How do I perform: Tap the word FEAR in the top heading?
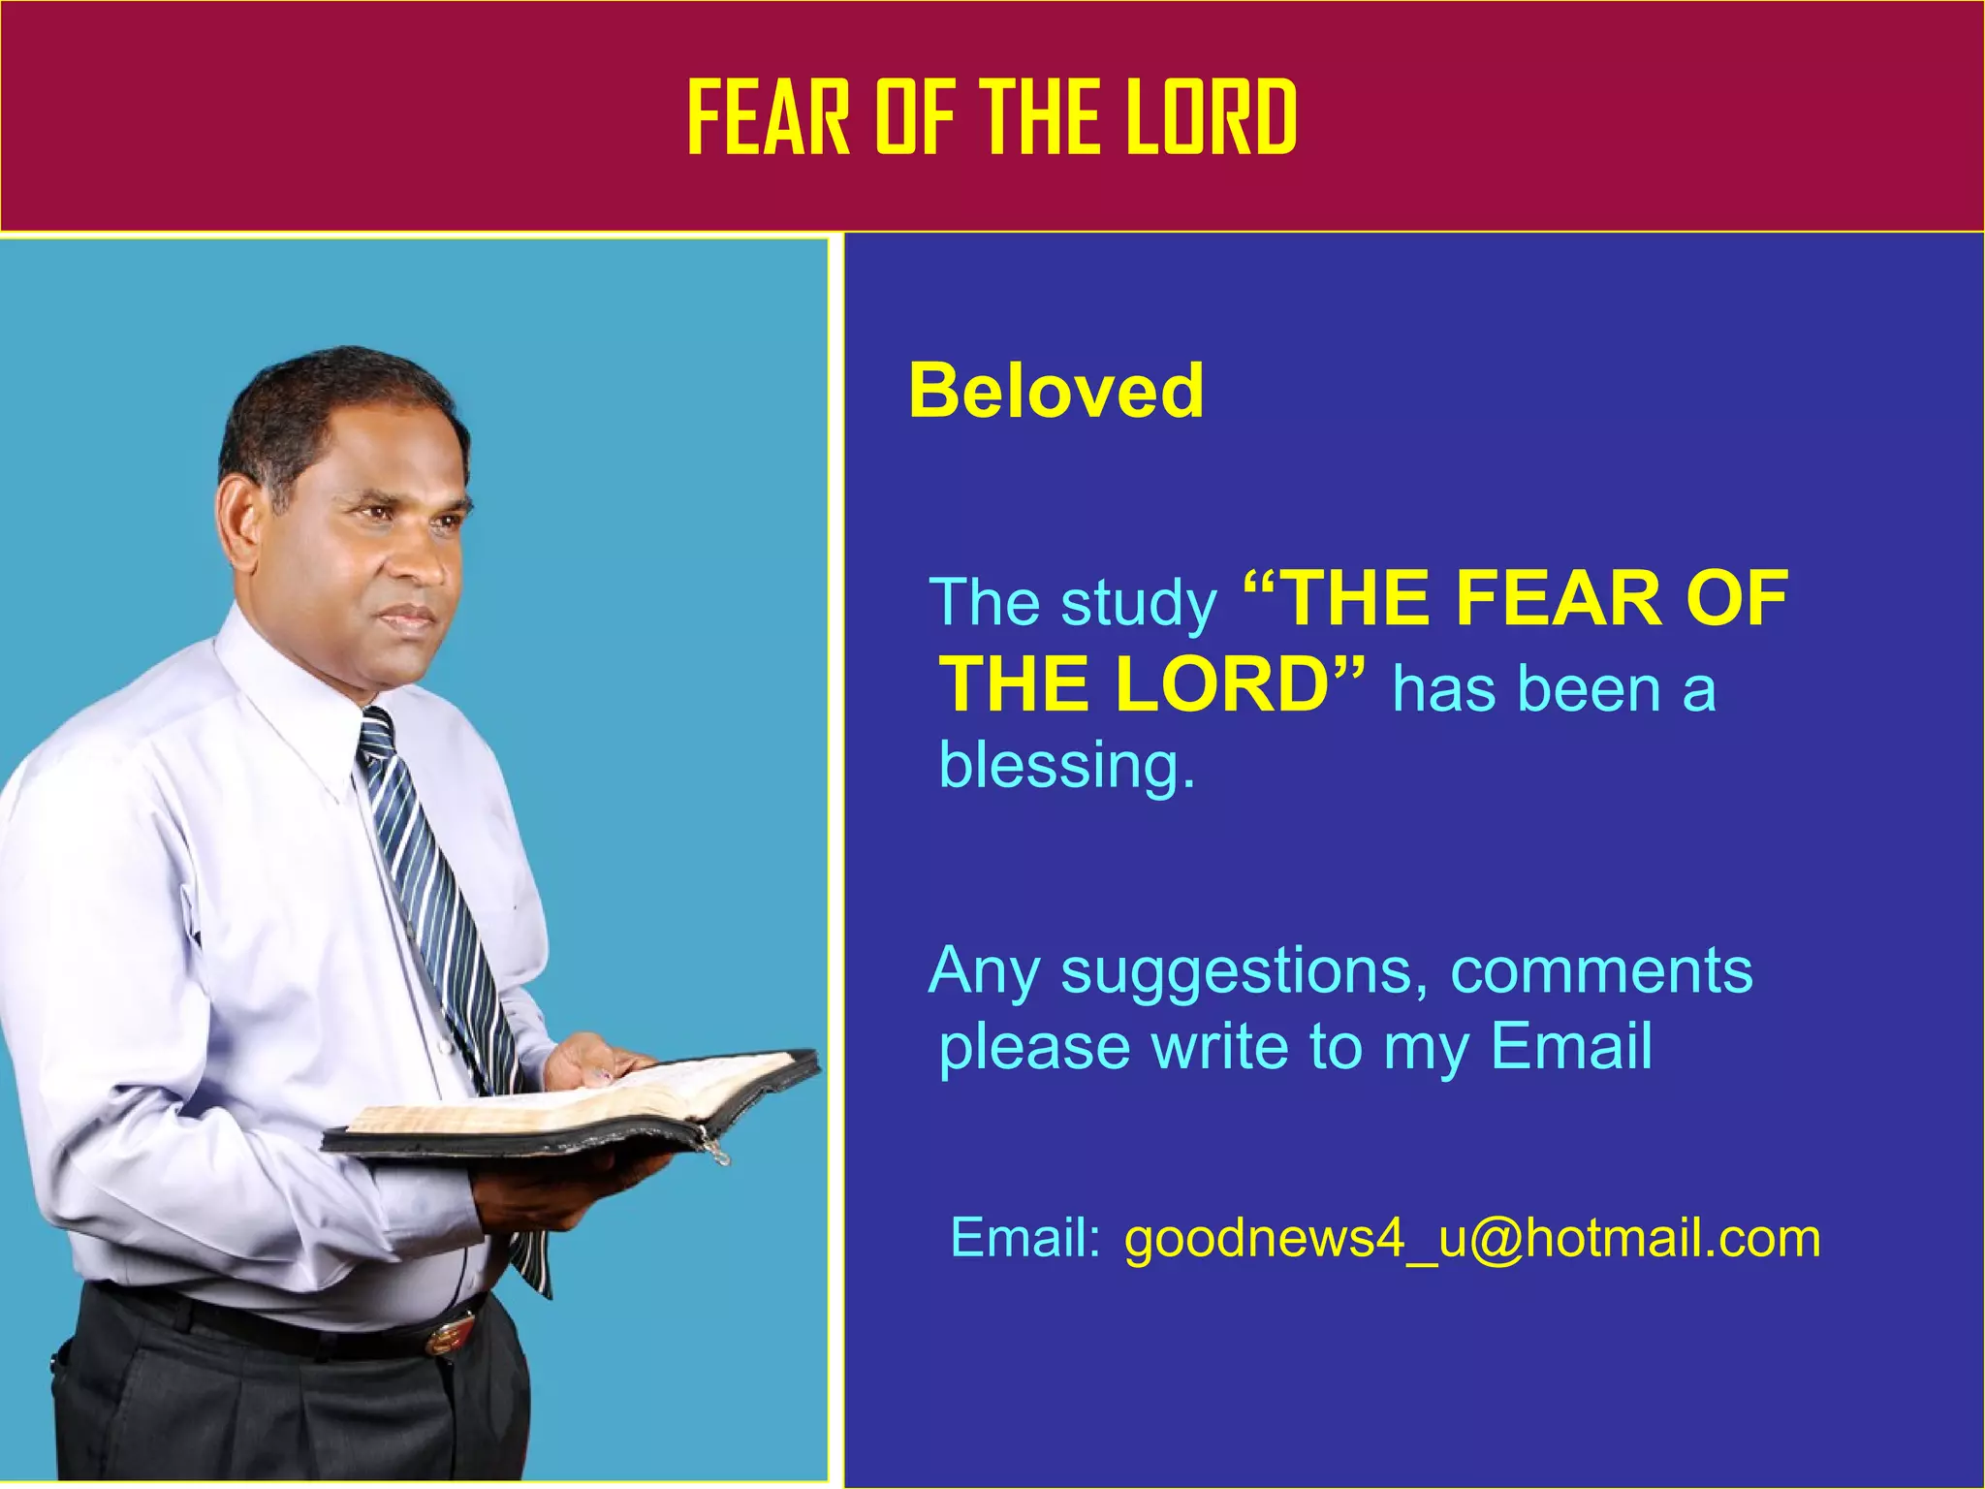(x=768, y=118)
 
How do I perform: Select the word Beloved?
(x=1056, y=391)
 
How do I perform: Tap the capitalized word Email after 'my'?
(x=1570, y=1047)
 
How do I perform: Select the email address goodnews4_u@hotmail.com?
(x=1471, y=1240)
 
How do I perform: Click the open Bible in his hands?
(x=582, y=1105)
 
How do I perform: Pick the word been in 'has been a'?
(x=1589, y=690)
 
